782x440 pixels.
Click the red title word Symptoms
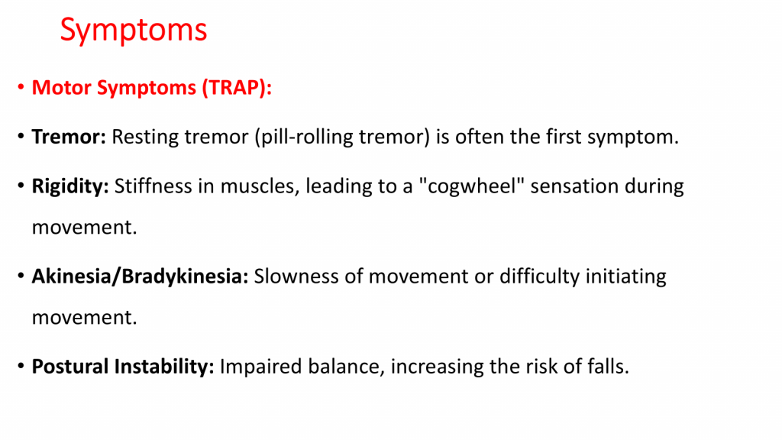133,31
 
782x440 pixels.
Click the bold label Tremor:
69,137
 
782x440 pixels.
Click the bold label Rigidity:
70,186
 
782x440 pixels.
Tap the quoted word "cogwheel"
471,186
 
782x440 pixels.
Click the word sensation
574,186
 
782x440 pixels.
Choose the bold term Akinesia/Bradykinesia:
141,277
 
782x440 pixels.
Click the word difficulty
540,277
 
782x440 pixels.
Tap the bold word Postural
70,367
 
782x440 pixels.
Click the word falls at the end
608,367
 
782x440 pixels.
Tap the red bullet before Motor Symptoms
21,88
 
